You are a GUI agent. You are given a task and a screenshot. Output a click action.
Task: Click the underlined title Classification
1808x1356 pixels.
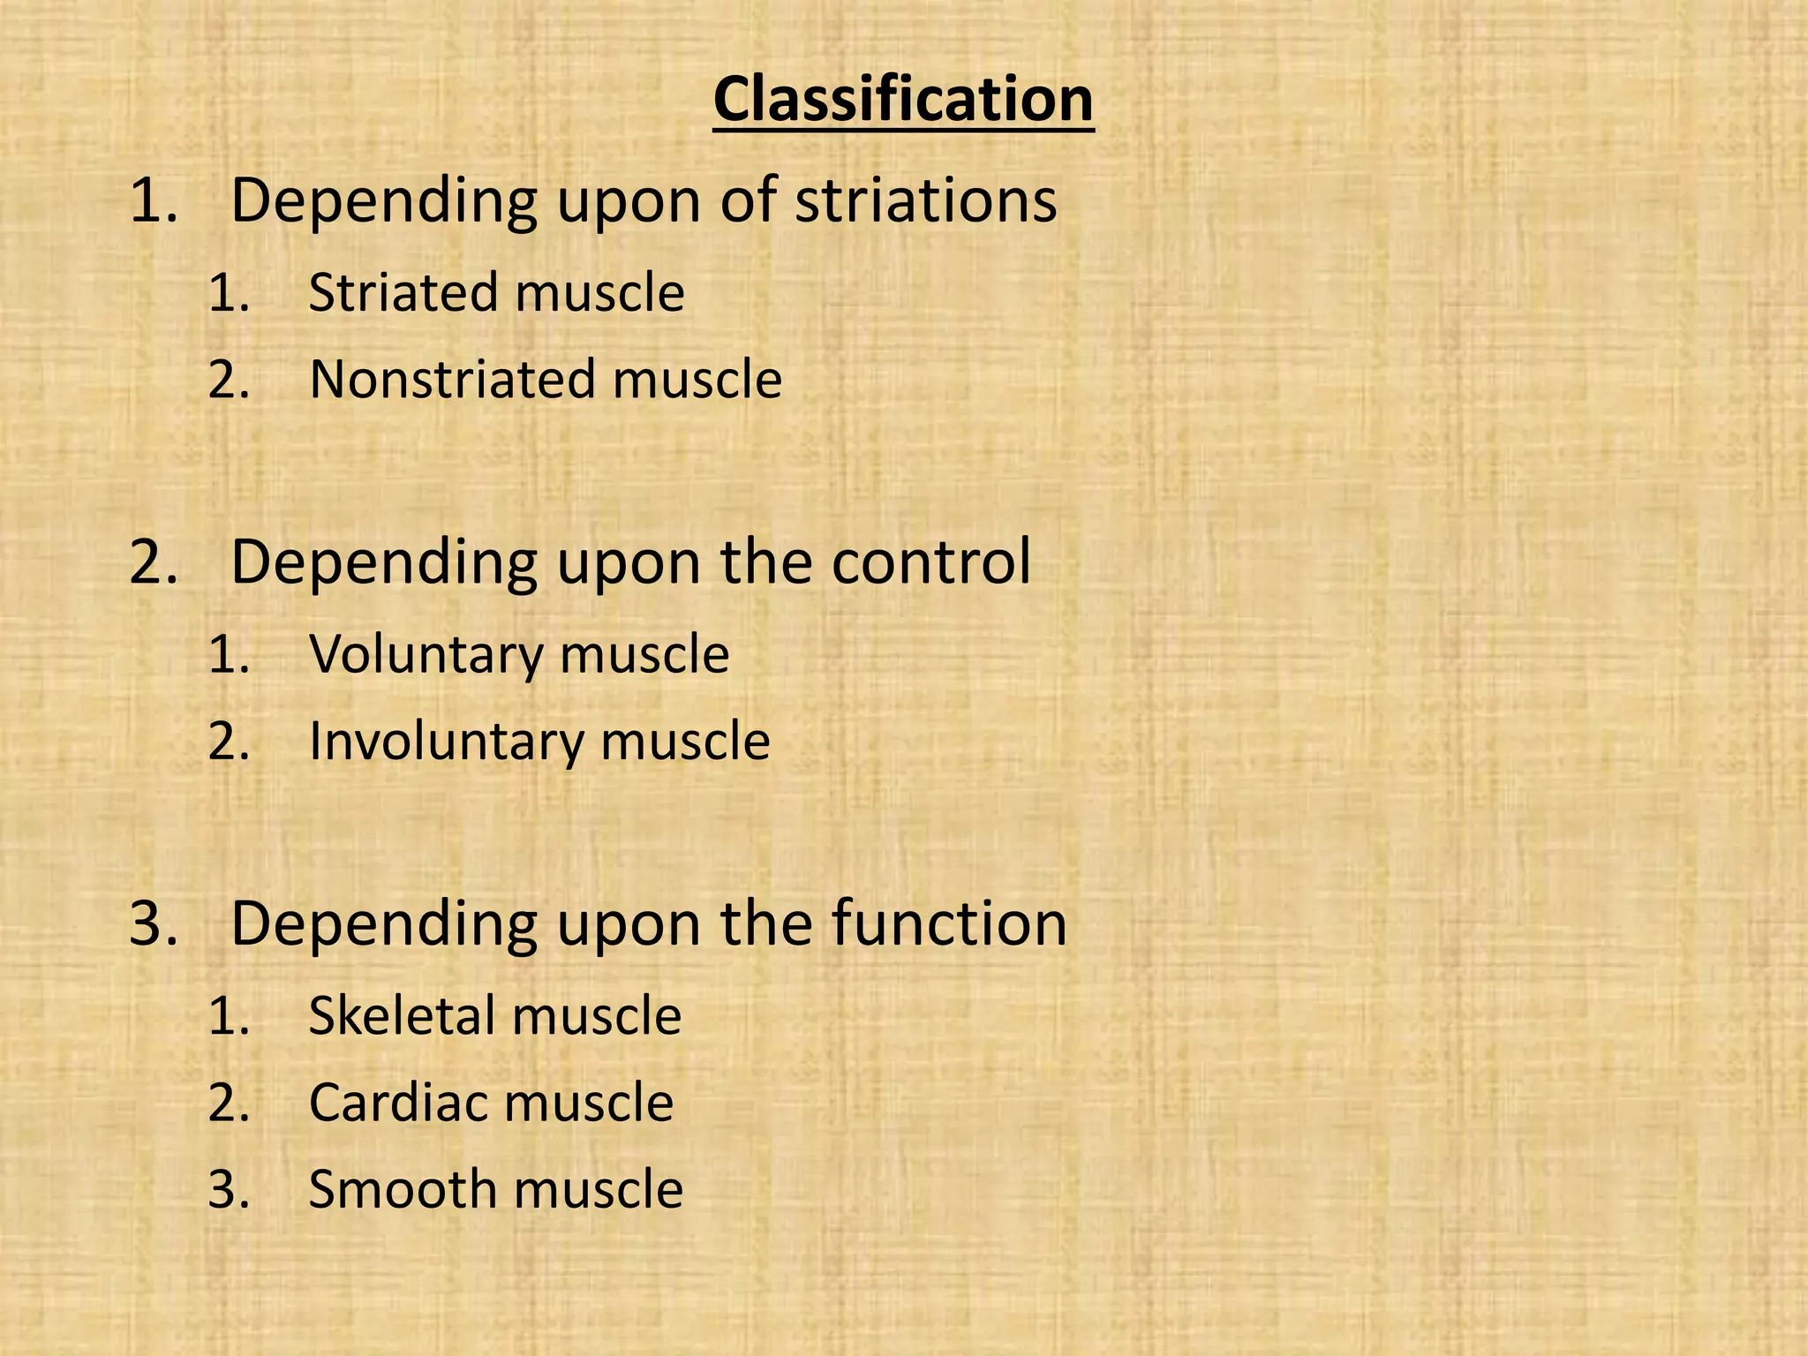click(x=903, y=100)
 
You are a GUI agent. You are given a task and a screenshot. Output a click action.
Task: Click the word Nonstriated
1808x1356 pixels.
click(x=452, y=380)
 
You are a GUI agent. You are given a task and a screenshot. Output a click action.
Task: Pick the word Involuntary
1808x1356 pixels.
click(x=446, y=741)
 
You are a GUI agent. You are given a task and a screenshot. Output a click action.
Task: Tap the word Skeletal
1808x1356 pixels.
click(x=402, y=1015)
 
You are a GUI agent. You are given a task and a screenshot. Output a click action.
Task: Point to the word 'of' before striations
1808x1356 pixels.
click(x=749, y=201)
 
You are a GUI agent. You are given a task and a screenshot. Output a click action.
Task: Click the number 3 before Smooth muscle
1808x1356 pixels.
click(x=228, y=1189)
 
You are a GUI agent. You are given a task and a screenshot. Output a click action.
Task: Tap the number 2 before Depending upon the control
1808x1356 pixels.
click(x=152, y=561)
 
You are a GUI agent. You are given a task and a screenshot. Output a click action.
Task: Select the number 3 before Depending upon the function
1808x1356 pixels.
click(x=152, y=923)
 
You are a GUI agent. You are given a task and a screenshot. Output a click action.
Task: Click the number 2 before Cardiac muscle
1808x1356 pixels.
click(x=228, y=1103)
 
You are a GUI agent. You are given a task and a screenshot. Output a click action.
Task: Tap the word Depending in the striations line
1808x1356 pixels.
click(x=384, y=201)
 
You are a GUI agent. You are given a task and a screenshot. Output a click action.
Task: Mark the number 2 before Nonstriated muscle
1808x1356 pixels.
click(x=228, y=380)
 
